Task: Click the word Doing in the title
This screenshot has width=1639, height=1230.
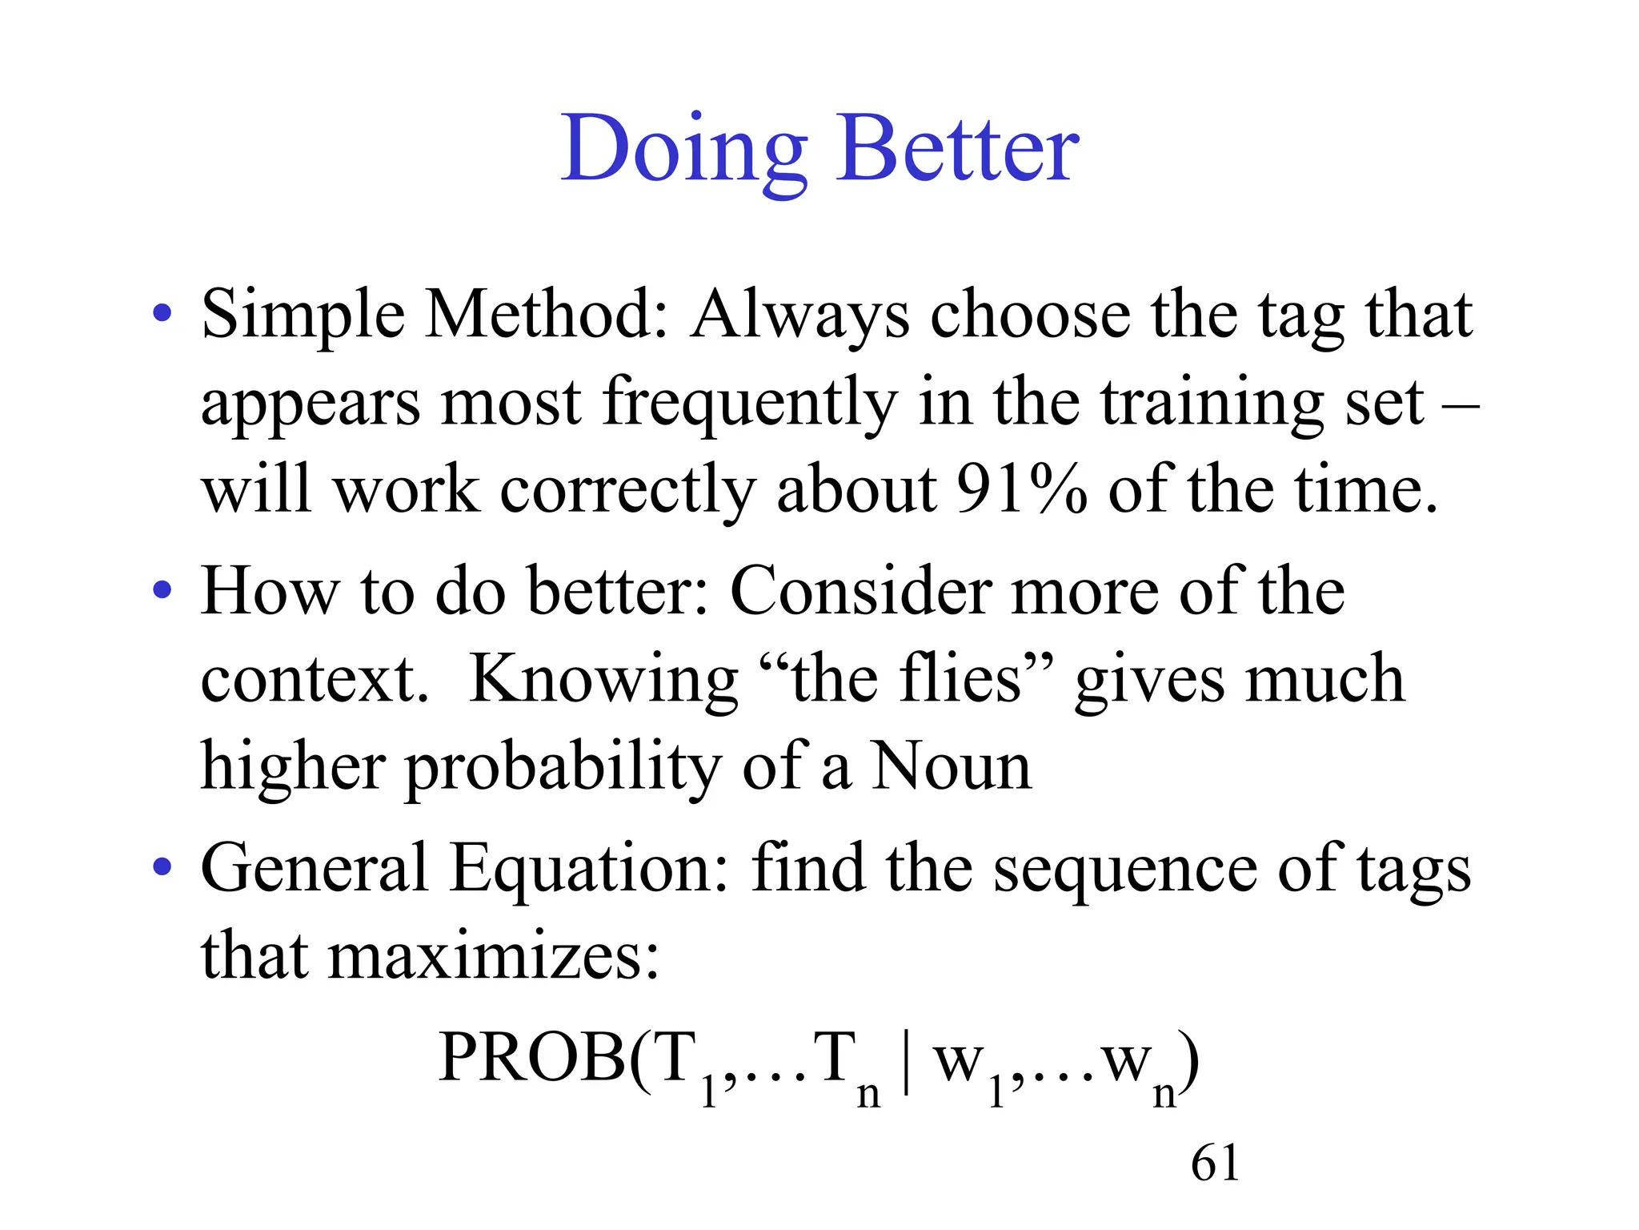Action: click(684, 151)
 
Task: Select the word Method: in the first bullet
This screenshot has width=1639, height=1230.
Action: click(546, 315)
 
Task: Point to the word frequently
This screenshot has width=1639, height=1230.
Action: click(749, 403)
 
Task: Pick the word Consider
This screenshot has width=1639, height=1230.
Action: click(860, 591)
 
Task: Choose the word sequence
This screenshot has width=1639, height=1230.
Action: click(1125, 870)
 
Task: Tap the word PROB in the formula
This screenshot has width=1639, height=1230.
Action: click(532, 1057)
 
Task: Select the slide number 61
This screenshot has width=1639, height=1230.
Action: click(1215, 1163)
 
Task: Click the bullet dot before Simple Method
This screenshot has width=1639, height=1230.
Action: click(162, 314)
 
